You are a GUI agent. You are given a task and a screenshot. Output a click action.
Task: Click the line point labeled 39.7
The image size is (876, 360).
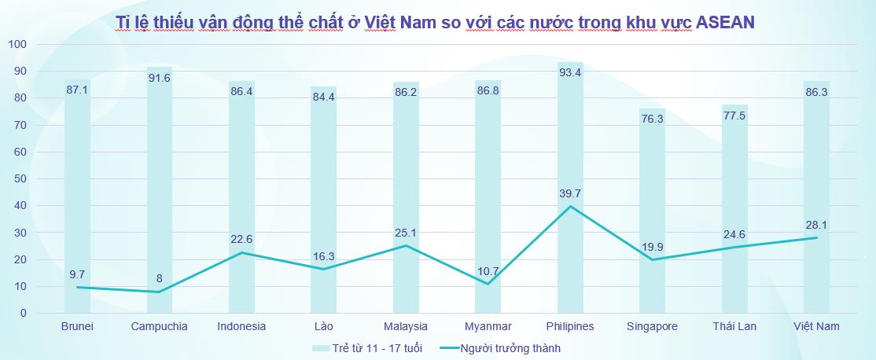(x=570, y=206)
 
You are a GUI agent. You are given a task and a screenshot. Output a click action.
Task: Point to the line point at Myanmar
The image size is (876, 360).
(x=488, y=284)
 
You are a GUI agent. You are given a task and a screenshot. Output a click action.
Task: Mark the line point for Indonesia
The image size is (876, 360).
(x=242, y=252)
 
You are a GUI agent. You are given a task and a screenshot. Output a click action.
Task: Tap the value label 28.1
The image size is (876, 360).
(x=816, y=223)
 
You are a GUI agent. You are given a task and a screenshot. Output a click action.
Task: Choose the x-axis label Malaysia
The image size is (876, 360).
(x=406, y=326)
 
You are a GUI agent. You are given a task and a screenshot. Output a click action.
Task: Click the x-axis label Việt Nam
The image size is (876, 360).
(x=816, y=326)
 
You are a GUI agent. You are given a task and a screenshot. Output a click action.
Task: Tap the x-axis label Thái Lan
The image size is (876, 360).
(x=734, y=326)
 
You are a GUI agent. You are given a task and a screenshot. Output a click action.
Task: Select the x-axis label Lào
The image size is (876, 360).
(x=324, y=326)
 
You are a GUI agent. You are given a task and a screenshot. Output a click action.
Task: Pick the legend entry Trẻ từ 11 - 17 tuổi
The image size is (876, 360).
(x=376, y=347)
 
